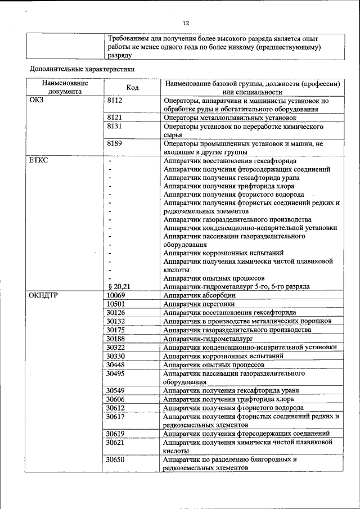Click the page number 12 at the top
186,22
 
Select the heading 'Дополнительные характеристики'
82,69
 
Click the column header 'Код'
133,88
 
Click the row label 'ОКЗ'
36,100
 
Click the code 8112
115,100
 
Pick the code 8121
115,118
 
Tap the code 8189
115,143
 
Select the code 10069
116,295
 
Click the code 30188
116,339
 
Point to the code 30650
116,460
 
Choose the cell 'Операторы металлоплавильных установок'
229,118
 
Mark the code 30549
116,390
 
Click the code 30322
116,347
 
